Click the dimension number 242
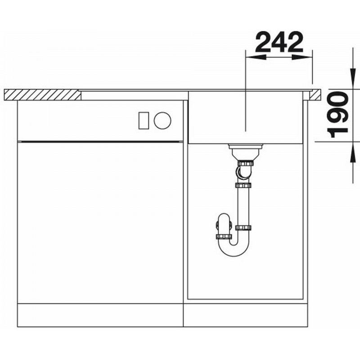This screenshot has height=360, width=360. tap(279, 42)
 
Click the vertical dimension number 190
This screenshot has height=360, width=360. tap(338, 115)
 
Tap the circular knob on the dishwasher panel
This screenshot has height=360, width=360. tap(162, 120)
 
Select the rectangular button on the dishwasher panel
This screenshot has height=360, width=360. tap(144, 121)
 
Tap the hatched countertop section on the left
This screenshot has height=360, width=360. tap(42, 95)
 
